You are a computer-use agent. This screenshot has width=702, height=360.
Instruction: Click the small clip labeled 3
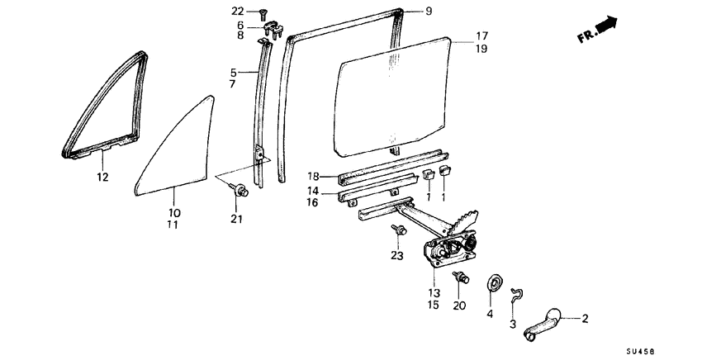pos(517,293)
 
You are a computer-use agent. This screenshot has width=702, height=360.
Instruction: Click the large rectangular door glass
pos(392,95)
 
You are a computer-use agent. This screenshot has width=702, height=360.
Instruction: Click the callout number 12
pos(102,177)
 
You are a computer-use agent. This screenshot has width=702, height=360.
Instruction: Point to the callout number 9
pos(429,11)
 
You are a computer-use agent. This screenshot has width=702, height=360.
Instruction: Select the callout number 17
pos(481,36)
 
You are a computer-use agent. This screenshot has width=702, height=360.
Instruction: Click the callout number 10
pos(174,212)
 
